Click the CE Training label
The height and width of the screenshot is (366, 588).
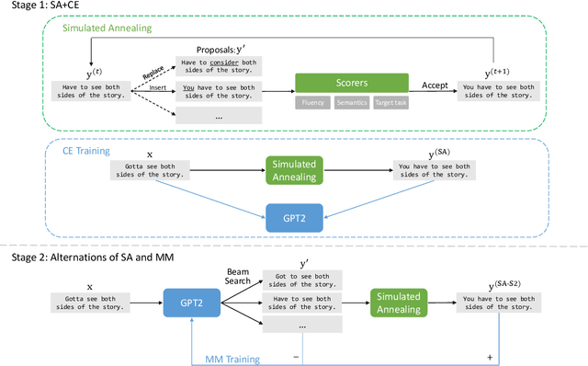(87, 151)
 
